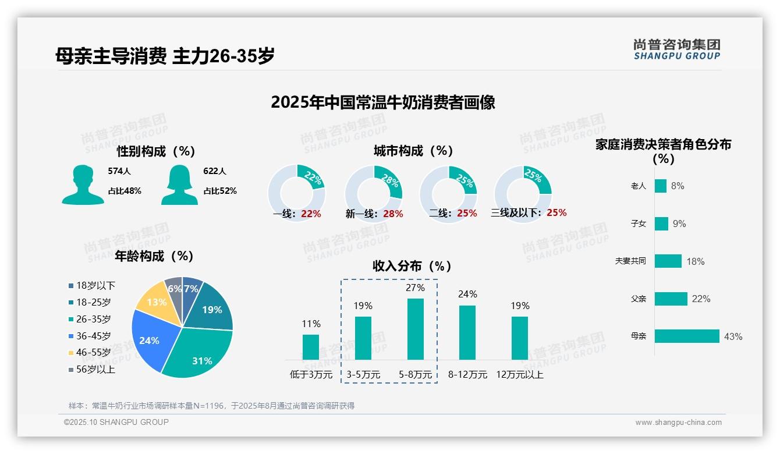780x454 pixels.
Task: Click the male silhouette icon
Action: pos(83,185)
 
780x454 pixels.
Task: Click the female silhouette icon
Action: pos(179,185)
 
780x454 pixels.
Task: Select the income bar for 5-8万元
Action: pos(415,329)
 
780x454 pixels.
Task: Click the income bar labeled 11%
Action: pos(311,347)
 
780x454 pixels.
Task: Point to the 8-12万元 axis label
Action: pos(467,375)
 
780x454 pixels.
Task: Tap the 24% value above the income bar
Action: pos(467,294)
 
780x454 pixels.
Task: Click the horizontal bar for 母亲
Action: pos(687,336)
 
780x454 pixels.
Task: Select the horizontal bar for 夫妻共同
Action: pos(668,261)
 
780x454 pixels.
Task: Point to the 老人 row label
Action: pos(638,186)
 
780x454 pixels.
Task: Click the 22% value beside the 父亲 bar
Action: pos(701,299)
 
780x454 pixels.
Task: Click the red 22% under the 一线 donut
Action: pos(311,214)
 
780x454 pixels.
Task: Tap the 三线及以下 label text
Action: pos(516,213)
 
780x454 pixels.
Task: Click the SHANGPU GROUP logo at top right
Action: pos(676,49)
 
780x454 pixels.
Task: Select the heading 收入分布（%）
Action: pos(412,266)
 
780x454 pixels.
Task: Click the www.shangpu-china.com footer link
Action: pos(678,423)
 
